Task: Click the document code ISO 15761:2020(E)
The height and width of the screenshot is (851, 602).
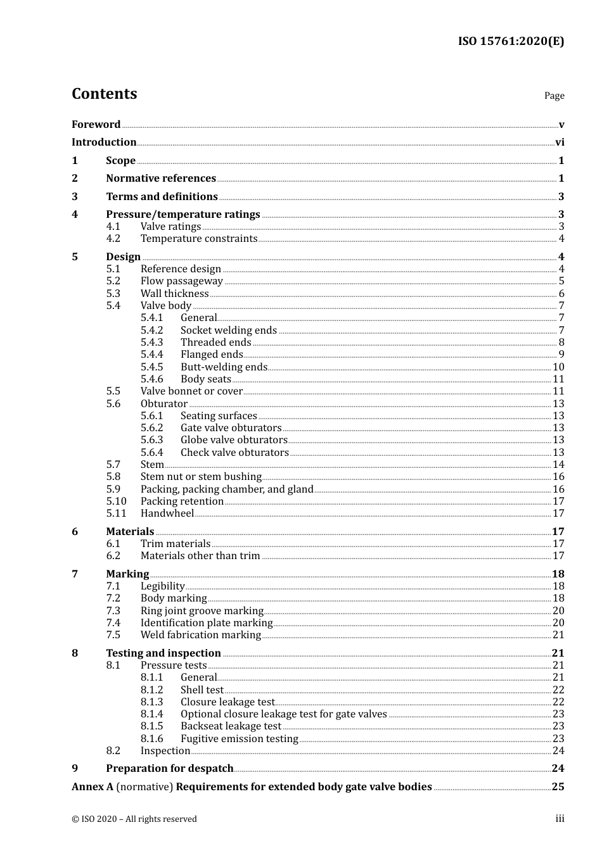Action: [x=511, y=41]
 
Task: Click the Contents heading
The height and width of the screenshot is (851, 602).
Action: [x=104, y=94]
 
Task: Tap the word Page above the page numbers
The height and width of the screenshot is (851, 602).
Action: [x=554, y=96]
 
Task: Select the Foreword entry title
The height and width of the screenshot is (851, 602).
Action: [x=96, y=125]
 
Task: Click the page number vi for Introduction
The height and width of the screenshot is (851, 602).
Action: [x=560, y=142]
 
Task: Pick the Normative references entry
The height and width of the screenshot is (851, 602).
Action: [x=161, y=179]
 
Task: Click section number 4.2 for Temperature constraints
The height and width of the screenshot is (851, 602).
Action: [x=113, y=239]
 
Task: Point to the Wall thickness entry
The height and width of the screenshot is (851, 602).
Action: [x=174, y=294]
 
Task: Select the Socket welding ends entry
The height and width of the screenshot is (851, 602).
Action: [x=229, y=331]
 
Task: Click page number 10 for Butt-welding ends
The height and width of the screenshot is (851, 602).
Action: [x=558, y=367]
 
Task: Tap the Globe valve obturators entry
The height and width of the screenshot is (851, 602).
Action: [x=234, y=440]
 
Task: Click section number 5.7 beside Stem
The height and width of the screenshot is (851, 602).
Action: [x=113, y=465]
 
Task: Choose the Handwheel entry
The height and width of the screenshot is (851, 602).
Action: [x=167, y=514]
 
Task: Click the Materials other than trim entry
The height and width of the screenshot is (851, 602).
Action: [x=200, y=556]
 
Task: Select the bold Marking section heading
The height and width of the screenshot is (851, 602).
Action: [x=127, y=574]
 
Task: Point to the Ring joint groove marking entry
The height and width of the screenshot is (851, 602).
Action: [x=202, y=611]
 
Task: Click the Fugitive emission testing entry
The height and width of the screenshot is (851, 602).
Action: [x=239, y=739]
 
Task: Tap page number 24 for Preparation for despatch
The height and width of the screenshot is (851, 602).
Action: [x=558, y=769]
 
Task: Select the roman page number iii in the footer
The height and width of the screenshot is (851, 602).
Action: [x=560, y=819]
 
